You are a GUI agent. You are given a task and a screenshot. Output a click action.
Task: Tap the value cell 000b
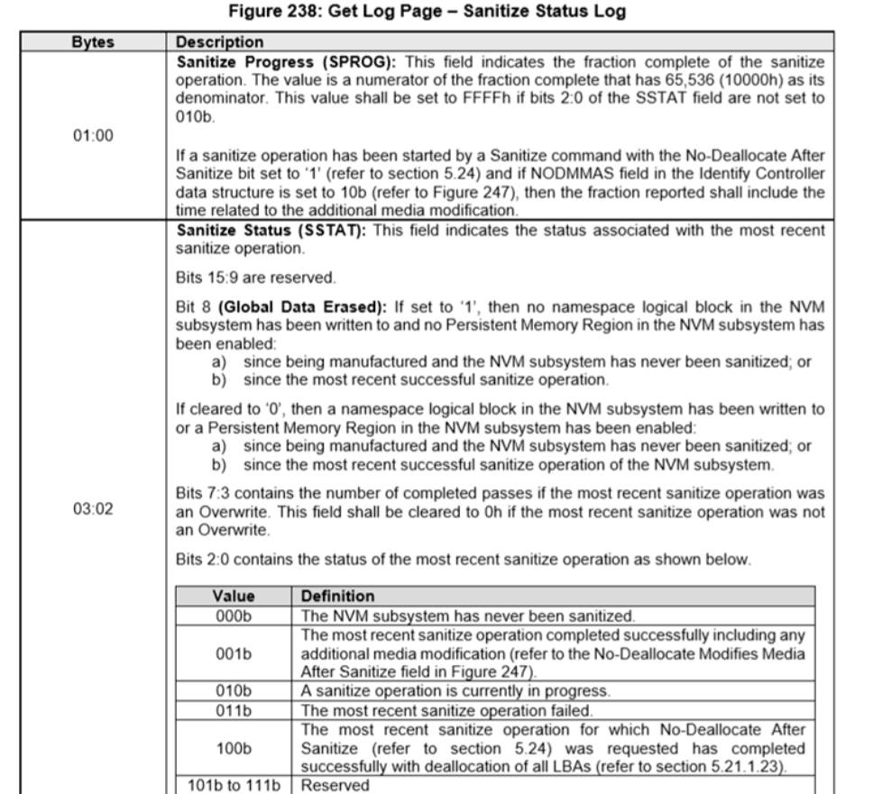pos(233,615)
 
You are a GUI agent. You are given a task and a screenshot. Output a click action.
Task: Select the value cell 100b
pos(233,747)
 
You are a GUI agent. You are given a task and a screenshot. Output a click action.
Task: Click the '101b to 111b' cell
pos(233,785)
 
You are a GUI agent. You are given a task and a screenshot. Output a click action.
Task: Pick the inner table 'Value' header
pos(233,597)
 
